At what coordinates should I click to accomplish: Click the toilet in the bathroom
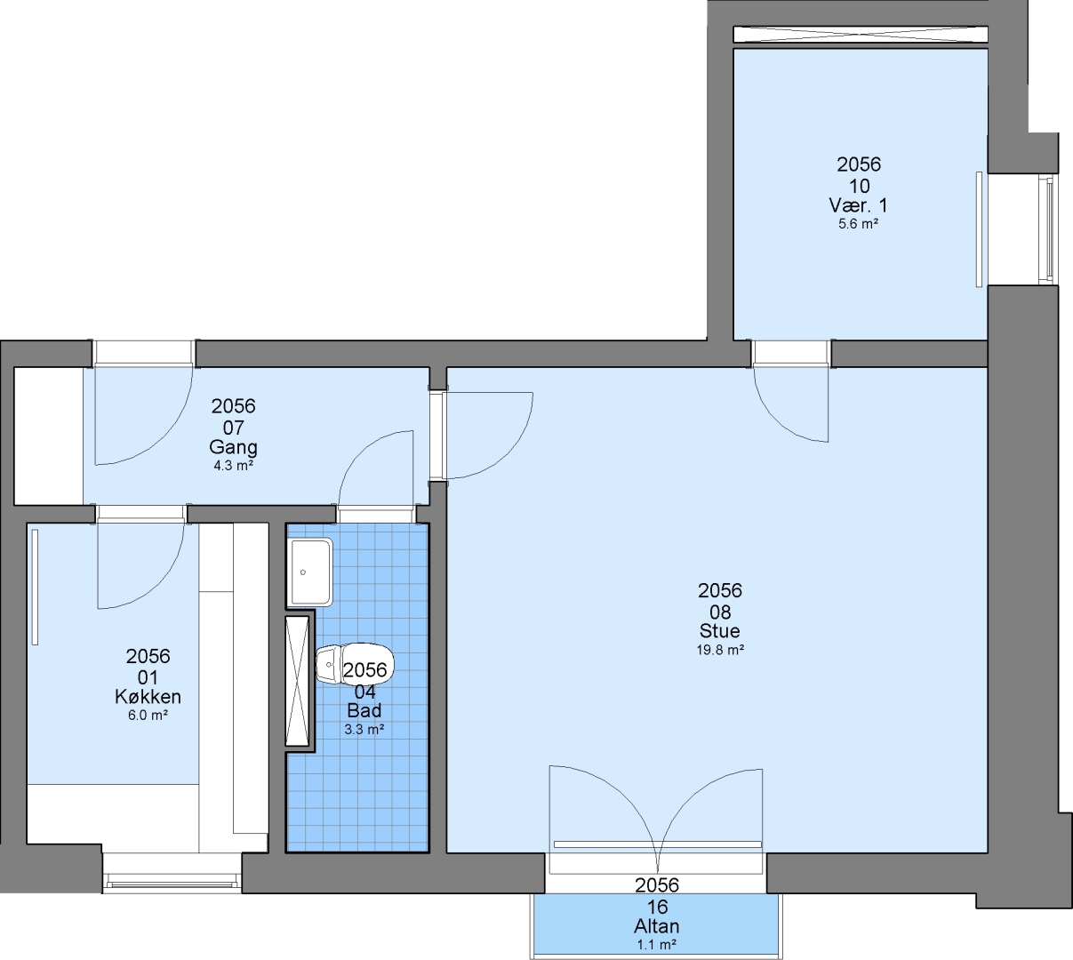click(354, 663)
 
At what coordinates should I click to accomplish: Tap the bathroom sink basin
click(310, 572)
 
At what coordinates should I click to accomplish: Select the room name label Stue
click(720, 630)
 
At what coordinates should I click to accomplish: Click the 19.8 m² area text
click(720, 650)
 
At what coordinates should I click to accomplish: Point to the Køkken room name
click(148, 697)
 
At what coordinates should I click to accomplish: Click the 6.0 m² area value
click(148, 716)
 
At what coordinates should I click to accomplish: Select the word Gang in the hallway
click(233, 447)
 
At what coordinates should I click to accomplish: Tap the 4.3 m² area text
click(233, 466)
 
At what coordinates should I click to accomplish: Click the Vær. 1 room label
click(859, 205)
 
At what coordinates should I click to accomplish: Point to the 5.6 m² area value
click(859, 223)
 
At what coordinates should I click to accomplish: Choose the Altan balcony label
click(657, 926)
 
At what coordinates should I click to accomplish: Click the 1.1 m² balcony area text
click(657, 944)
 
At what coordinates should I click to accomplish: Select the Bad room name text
click(364, 710)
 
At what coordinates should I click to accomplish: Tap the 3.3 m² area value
click(364, 729)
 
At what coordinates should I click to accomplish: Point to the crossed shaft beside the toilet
click(297, 681)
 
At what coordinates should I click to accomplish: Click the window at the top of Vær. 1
click(861, 35)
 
